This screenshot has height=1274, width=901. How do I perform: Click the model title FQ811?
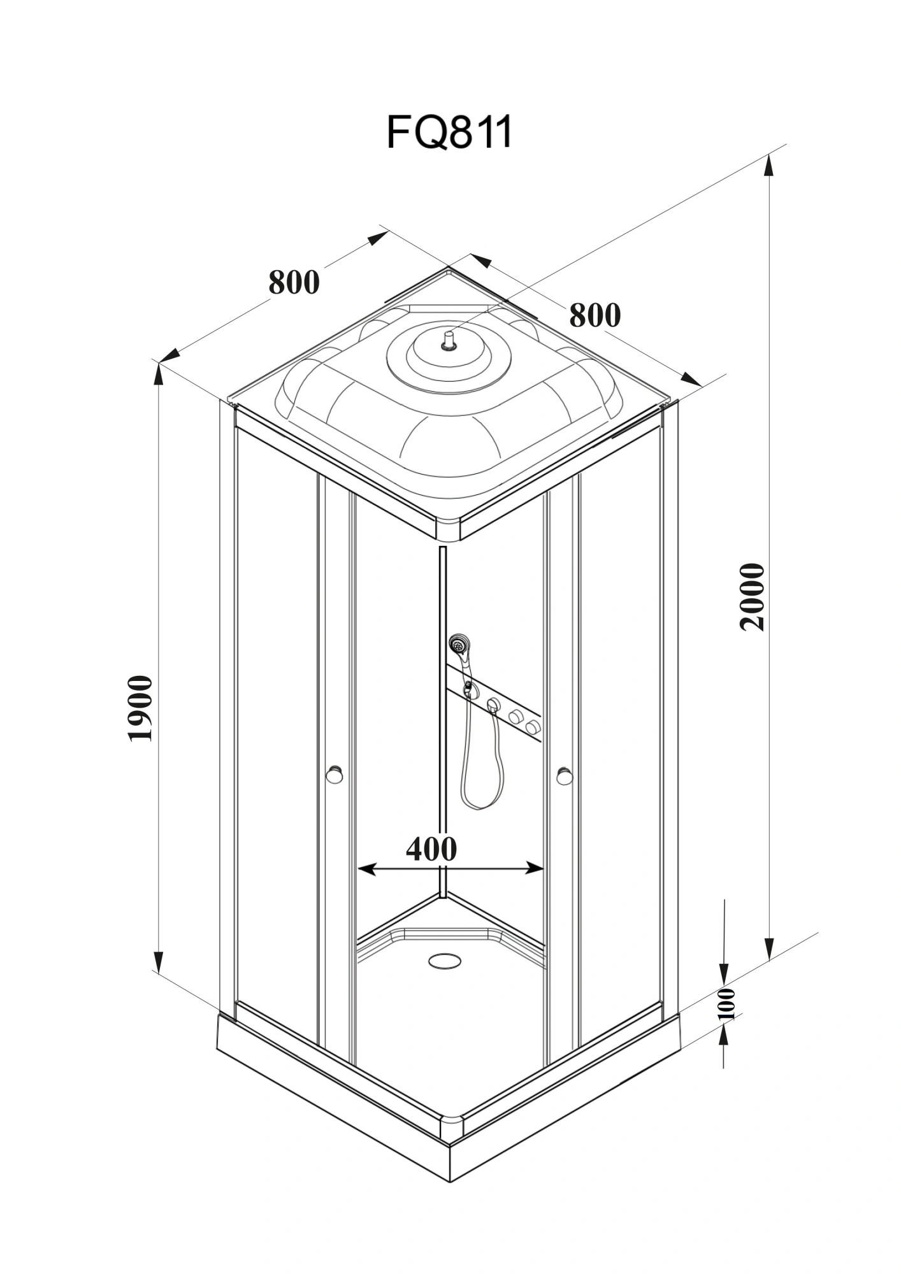pyautogui.click(x=449, y=132)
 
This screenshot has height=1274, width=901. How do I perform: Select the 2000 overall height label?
pyautogui.click(x=753, y=596)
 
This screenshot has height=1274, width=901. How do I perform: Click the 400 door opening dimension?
pyautogui.click(x=431, y=848)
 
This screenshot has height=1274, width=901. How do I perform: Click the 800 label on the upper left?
pyautogui.click(x=294, y=282)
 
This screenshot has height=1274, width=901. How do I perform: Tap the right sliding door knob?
pyautogui.click(x=565, y=775)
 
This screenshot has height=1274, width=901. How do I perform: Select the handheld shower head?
pyautogui.click(x=458, y=644)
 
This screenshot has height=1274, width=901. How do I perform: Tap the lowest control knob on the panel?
pyautogui.click(x=533, y=726)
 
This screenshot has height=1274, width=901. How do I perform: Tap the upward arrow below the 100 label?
pyautogui.click(x=724, y=1037)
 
